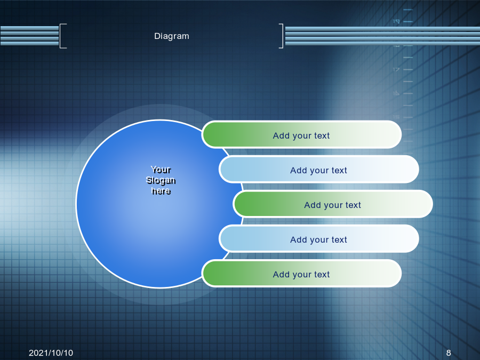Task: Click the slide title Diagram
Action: pos(171,36)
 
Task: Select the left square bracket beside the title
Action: pos(61,36)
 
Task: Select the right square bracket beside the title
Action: pos(282,36)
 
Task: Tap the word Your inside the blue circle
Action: pos(161,169)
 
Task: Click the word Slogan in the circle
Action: pos(161,180)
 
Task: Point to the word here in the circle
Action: pos(161,191)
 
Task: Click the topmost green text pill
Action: pos(301,135)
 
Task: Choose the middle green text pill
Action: pos(333,204)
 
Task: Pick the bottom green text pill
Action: pos(301,274)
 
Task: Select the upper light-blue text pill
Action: pos(319,169)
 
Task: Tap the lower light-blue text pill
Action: pos(319,239)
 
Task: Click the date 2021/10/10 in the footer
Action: pos(51,353)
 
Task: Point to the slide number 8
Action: pos(449,353)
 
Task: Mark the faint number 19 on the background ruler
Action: pos(396,21)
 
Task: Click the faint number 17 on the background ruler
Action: pos(396,69)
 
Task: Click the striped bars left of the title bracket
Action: pos(29,36)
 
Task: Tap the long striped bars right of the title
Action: pos(382,36)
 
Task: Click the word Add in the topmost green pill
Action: pos(281,135)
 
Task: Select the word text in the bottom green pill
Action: pos(322,274)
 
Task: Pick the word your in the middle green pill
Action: pos(333,205)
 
